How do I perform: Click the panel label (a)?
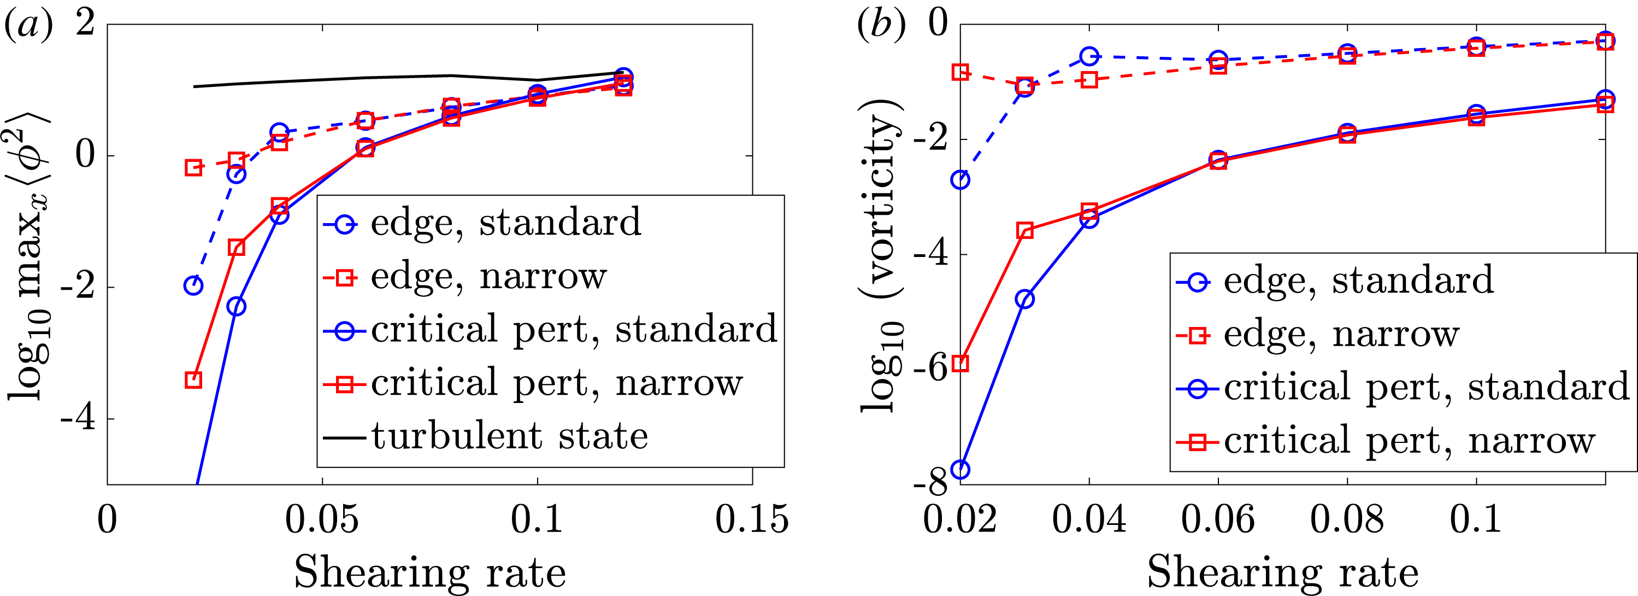pos(28,26)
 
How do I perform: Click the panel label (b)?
pos(881,26)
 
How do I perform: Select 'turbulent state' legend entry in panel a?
pos(509,437)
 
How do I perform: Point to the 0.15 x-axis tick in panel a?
pos(752,519)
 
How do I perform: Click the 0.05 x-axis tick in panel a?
pos(322,519)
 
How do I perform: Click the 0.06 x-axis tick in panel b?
pos(1218,519)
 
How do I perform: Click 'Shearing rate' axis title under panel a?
pos(430,572)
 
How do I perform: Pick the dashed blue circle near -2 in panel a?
pos(193,285)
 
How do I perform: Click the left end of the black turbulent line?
pos(195,86)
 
